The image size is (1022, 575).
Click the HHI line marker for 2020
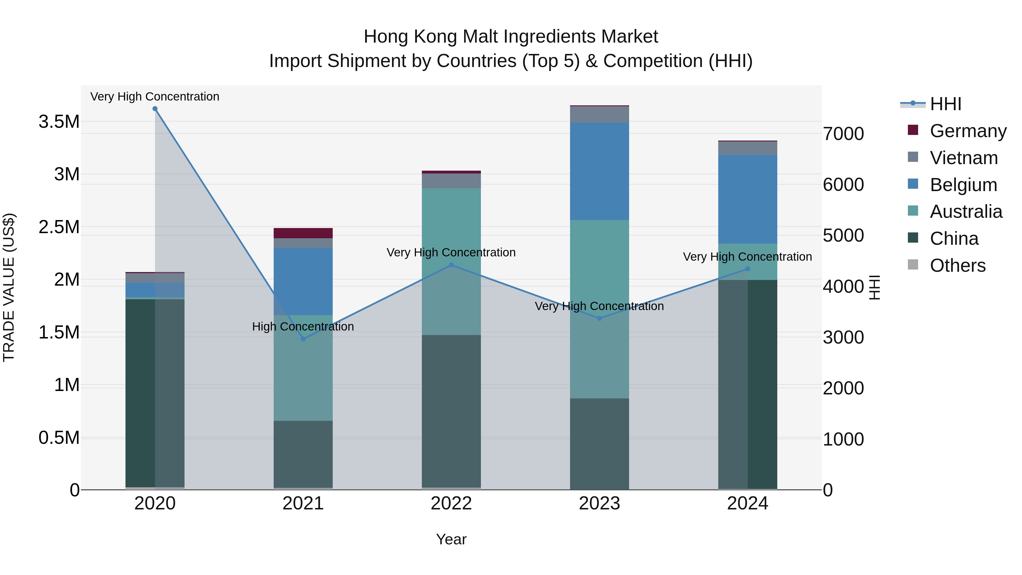pyautogui.click(x=155, y=109)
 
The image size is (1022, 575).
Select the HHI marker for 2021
pyautogui.click(x=303, y=339)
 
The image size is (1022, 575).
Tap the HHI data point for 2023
pyautogui.click(x=600, y=318)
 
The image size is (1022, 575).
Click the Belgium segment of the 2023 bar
pyautogui.click(x=600, y=171)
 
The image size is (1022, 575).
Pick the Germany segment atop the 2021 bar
pyautogui.click(x=303, y=233)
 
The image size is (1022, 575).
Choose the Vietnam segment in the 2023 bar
pyautogui.click(x=600, y=114)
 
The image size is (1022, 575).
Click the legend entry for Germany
pyautogui.click(x=968, y=131)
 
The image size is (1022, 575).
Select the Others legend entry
pyautogui.click(x=957, y=265)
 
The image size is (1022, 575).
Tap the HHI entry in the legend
pyautogui.click(x=945, y=104)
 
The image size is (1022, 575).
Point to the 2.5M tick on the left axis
pyautogui.click(x=59, y=227)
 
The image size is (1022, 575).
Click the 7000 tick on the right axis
pyautogui.click(x=843, y=134)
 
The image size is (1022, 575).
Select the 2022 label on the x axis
pyautogui.click(x=451, y=503)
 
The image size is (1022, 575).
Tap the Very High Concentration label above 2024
pyautogui.click(x=747, y=257)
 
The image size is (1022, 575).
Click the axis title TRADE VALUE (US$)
pyautogui.click(x=9, y=287)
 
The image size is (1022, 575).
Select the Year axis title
pyautogui.click(x=451, y=539)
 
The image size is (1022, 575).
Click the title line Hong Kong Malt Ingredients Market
pyautogui.click(x=511, y=37)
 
